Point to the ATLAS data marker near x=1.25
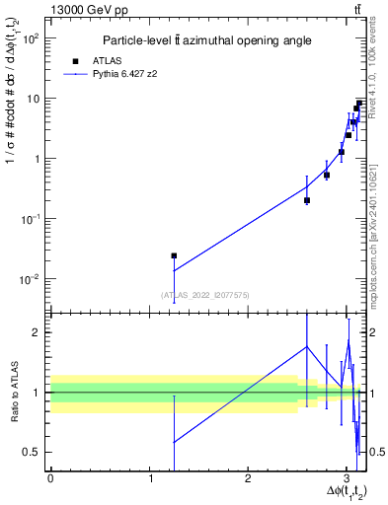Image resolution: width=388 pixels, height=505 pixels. click(x=174, y=255)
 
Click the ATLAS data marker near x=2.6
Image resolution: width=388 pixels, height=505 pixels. click(x=307, y=200)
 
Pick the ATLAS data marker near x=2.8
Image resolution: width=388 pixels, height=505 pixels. click(x=327, y=175)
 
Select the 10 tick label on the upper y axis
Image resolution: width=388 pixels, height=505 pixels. click(x=32, y=99)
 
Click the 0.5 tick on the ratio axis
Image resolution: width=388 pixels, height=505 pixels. click(x=31, y=452)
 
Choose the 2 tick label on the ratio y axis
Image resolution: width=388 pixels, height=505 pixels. click(x=36, y=332)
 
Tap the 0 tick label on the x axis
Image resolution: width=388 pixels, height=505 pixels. click(x=50, y=477)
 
